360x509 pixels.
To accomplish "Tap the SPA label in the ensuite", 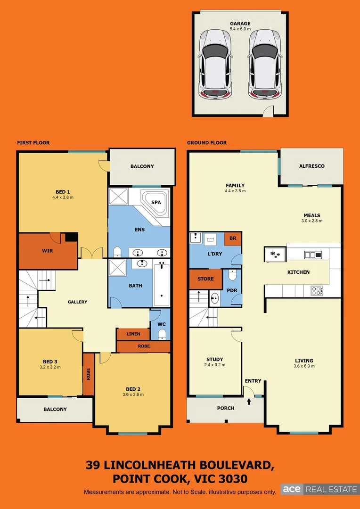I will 155,202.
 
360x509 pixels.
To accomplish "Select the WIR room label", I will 47,251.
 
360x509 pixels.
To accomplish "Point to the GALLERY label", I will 77,302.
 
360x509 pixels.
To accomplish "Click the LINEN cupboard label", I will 133,334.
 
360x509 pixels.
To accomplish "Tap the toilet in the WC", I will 162,334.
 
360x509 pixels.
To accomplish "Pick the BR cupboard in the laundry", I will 233,238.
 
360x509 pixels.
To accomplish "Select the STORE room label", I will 205,279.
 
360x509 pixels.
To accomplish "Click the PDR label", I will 231,290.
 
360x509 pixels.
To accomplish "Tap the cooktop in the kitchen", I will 317,291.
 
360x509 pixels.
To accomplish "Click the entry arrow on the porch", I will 249,402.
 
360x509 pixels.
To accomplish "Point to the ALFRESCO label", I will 311,166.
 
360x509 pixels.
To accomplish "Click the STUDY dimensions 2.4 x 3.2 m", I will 214,365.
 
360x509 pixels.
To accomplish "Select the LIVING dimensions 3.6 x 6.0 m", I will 303,367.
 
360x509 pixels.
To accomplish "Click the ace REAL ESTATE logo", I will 319,489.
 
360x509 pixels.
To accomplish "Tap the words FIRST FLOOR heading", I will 33,142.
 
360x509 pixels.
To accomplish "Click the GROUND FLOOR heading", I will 207,142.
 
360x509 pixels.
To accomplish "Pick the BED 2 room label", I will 132,389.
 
